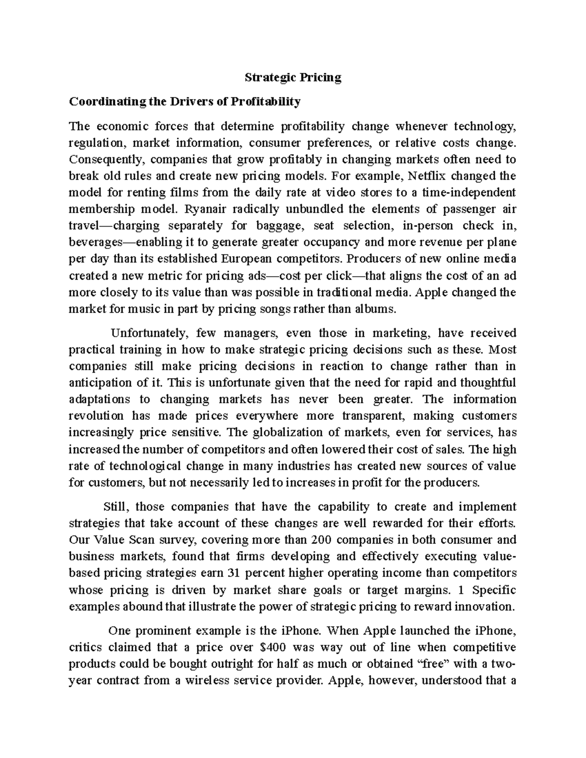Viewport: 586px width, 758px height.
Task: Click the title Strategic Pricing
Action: [x=293, y=78]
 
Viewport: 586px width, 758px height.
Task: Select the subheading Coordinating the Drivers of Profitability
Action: [x=185, y=102]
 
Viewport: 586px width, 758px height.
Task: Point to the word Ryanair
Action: [x=207, y=209]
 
